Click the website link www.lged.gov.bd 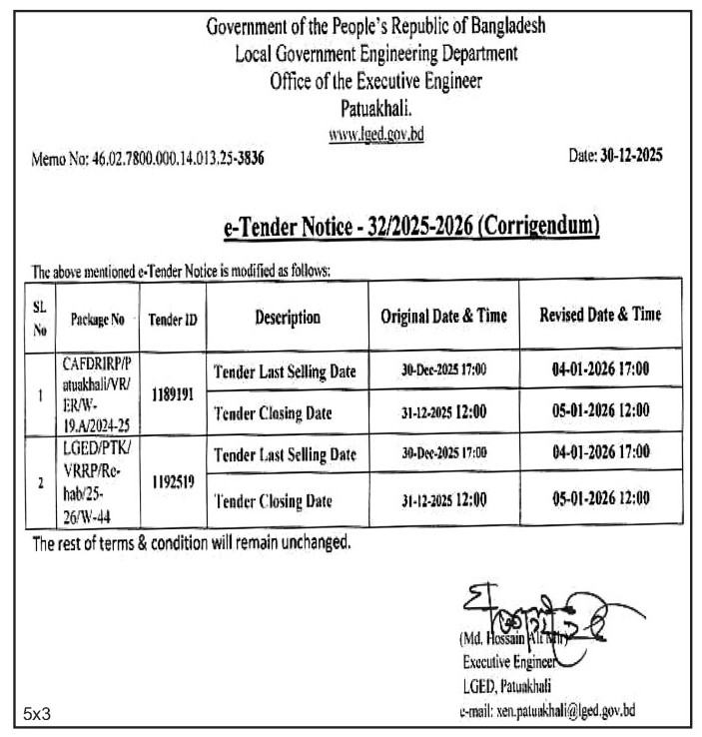pyautogui.click(x=376, y=134)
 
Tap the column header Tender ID pyautogui.click(x=172, y=320)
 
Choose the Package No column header pyautogui.click(x=97, y=320)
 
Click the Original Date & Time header pyautogui.click(x=443, y=317)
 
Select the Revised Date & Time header pyautogui.click(x=600, y=315)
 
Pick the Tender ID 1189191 pyautogui.click(x=172, y=394)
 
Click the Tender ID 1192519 pyautogui.click(x=172, y=480)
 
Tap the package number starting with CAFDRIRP pyautogui.click(x=97, y=392)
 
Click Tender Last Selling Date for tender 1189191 pyautogui.click(x=285, y=372)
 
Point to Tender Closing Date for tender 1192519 pyautogui.click(x=273, y=500)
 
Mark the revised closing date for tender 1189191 pyautogui.click(x=600, y=410)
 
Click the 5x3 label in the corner pyautogui.click(x=38, y=713)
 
